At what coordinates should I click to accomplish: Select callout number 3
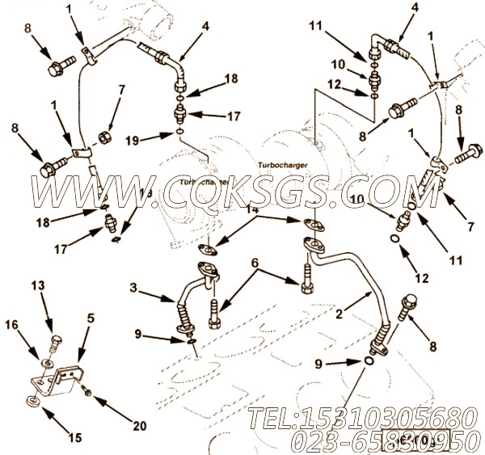[x=135, y=286]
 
